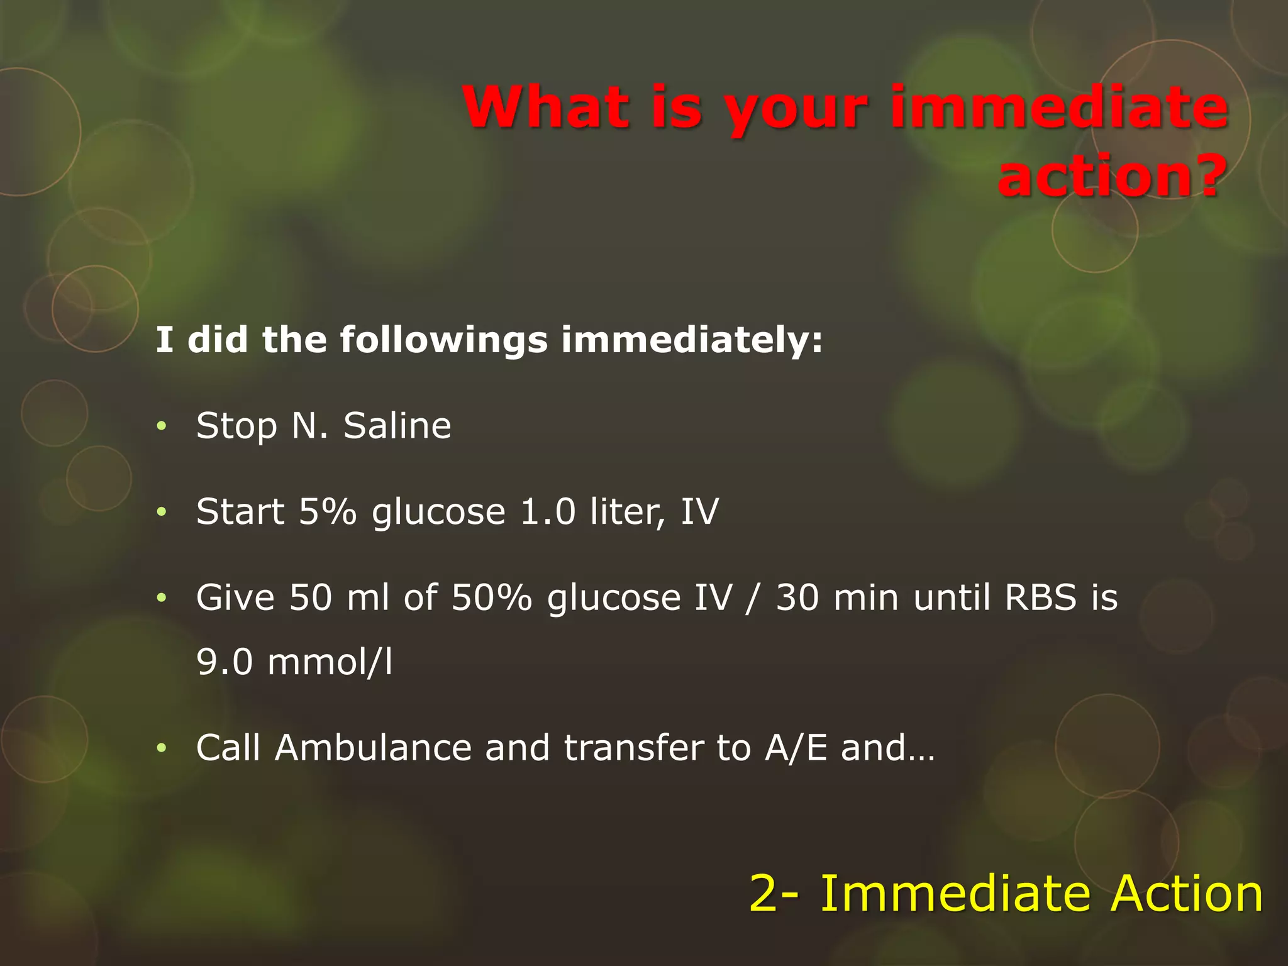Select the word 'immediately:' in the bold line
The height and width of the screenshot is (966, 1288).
692,340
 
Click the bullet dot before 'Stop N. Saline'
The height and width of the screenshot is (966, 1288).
162,426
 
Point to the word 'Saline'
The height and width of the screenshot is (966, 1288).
397,426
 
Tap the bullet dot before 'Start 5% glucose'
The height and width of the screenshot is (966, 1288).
162,512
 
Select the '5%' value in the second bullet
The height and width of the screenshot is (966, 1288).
327,511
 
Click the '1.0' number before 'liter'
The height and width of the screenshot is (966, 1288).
548,511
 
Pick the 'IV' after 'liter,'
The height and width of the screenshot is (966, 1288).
699,511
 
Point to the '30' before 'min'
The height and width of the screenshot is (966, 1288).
797,597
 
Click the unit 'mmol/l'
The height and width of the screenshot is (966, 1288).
330,662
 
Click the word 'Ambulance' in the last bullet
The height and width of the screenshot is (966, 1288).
373,748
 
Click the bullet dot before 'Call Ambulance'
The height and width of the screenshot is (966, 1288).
162,748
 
